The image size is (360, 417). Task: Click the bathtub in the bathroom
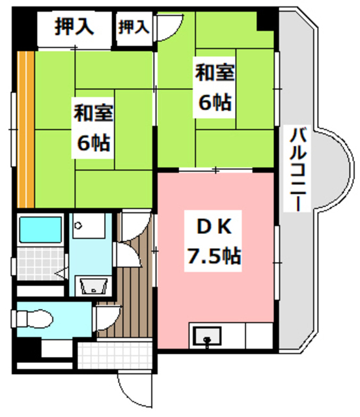[x=40, y=230]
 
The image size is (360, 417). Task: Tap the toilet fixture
[x=33, y=320]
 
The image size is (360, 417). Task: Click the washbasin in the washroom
[x=90, y=285]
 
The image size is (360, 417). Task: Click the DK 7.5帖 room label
[x=212, y=242]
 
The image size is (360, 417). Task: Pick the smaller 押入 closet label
[x=133, y=27]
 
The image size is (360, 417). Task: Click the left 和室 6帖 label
[x=93, y=128]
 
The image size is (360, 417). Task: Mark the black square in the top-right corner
[x=266, y=19]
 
